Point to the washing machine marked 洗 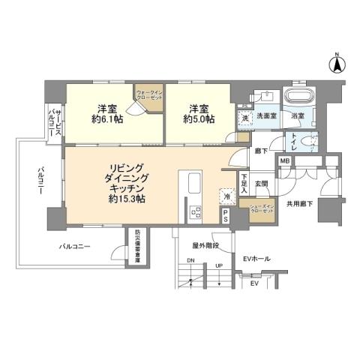pos(245,118)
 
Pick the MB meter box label pos(285,161)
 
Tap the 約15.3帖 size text pos(123,202)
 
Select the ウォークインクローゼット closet pos(148,97)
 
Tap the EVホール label pos(258,259)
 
